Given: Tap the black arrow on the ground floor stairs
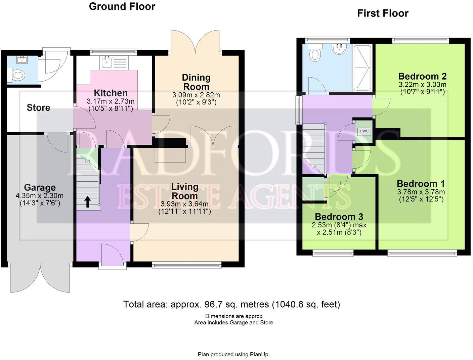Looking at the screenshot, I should click(x=87, y=201).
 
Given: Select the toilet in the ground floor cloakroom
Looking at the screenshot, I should click(x=17, y=75).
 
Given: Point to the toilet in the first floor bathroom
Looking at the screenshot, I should click(x=315, y=53).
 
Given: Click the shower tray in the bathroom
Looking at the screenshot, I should click(x=362, y=67).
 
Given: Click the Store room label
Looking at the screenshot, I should click(x=38, y=108).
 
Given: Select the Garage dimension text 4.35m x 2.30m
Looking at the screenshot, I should click(x=39, y=195).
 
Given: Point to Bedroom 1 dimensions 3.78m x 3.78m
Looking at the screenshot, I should click(x=421, y=192).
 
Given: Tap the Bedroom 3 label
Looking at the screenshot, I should click(x=339, y=217).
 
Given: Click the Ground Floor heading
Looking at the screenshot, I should click(x=122, y=6).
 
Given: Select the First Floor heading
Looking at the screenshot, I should click(x=383, y=13).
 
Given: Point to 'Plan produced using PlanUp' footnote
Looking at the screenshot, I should click(x=233, y=354).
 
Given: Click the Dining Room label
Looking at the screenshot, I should click(x=196, y=82).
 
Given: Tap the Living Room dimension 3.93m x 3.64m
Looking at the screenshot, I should click(x=184, y=204).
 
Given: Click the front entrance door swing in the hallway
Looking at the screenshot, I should click(x=112, y=252).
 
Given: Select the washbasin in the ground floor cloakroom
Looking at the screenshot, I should click(x=23, y=61).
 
